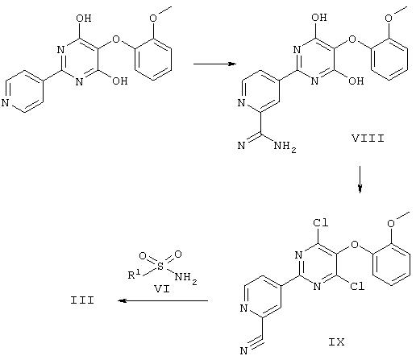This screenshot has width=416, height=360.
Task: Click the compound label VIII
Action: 368,139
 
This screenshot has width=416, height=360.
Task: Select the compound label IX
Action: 336,342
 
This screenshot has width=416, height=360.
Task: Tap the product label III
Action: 82,300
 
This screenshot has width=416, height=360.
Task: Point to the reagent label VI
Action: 162,289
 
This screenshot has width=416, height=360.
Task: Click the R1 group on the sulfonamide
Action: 134,275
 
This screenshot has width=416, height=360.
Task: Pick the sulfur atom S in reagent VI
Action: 160,267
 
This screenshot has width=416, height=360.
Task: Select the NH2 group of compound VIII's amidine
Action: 285,147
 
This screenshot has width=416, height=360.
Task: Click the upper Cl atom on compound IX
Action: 321,222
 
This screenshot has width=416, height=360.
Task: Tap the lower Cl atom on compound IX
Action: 357,286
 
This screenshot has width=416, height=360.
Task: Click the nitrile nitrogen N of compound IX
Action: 243,350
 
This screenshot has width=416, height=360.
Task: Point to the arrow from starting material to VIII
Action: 214,64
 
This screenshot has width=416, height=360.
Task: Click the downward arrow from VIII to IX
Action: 360,179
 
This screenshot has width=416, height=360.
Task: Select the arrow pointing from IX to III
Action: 163,300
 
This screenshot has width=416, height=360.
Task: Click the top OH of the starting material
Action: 84,19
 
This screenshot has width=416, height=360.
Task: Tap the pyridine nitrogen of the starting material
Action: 6,103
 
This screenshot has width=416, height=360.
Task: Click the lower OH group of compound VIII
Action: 356,81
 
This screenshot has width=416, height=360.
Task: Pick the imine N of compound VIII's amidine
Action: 241,146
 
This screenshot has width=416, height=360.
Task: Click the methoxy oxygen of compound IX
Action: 391,223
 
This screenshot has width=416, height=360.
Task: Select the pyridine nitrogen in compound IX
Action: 243,308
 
